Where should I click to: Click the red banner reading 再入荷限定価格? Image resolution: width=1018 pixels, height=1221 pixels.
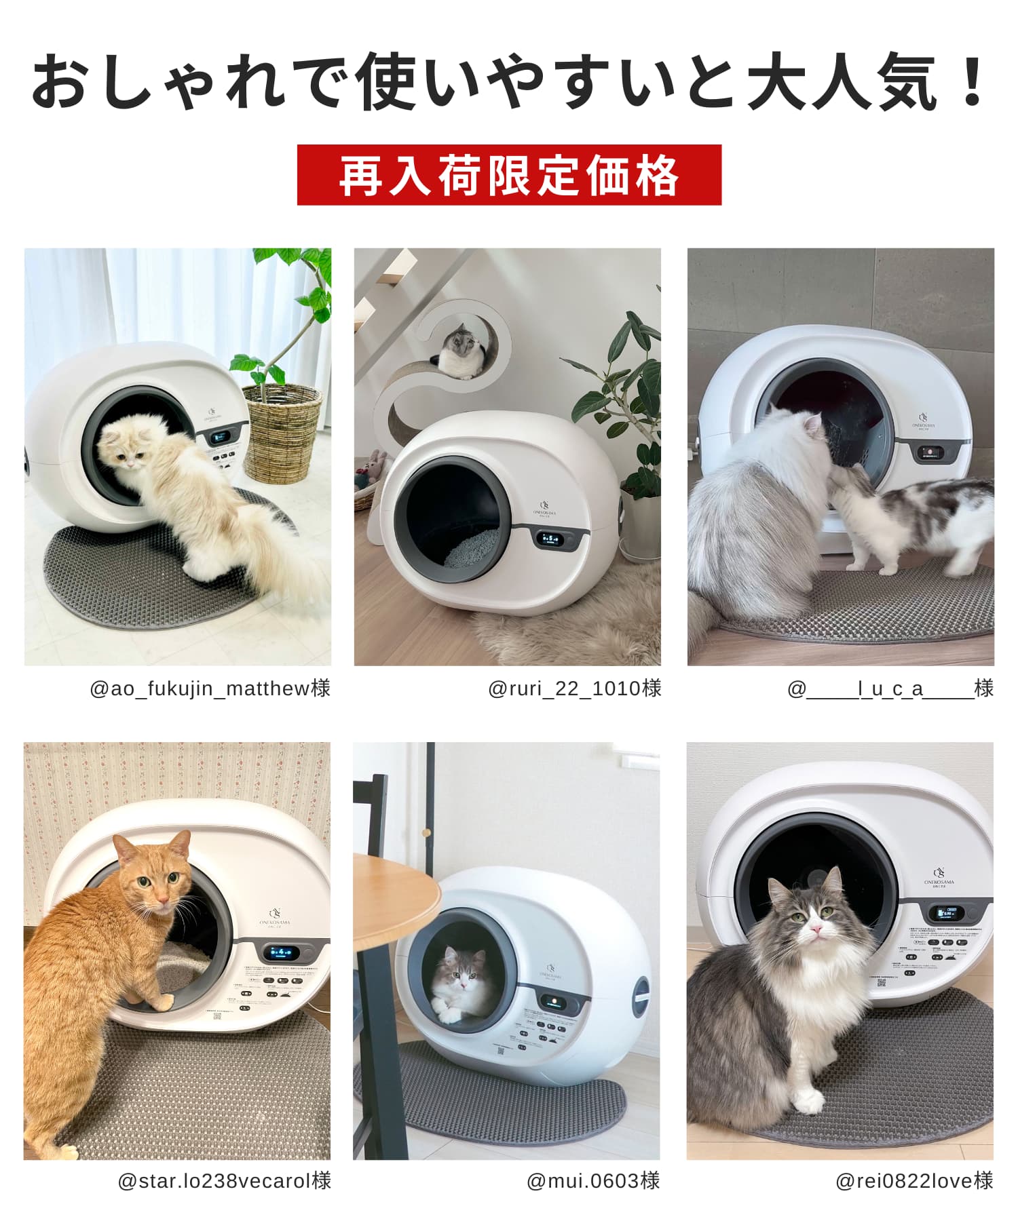[x=509, y=175]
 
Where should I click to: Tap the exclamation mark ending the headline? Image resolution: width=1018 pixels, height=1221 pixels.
[x=973, y=81]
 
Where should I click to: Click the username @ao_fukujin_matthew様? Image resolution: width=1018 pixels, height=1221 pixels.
[x=210, y=689]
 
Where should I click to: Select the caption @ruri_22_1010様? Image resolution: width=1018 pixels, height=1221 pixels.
[x=574, y=689]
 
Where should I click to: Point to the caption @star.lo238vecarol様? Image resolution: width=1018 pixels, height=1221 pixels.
[x=225, y=1181]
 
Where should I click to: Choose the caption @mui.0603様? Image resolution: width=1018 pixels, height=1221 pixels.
[x=593, y=1181]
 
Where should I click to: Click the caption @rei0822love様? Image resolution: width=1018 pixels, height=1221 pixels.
[x=914, y=1181]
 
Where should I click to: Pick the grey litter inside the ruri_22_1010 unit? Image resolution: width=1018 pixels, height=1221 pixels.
[x=472, y=549]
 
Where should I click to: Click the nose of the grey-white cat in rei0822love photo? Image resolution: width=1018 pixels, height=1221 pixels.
[x=819, y=927]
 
